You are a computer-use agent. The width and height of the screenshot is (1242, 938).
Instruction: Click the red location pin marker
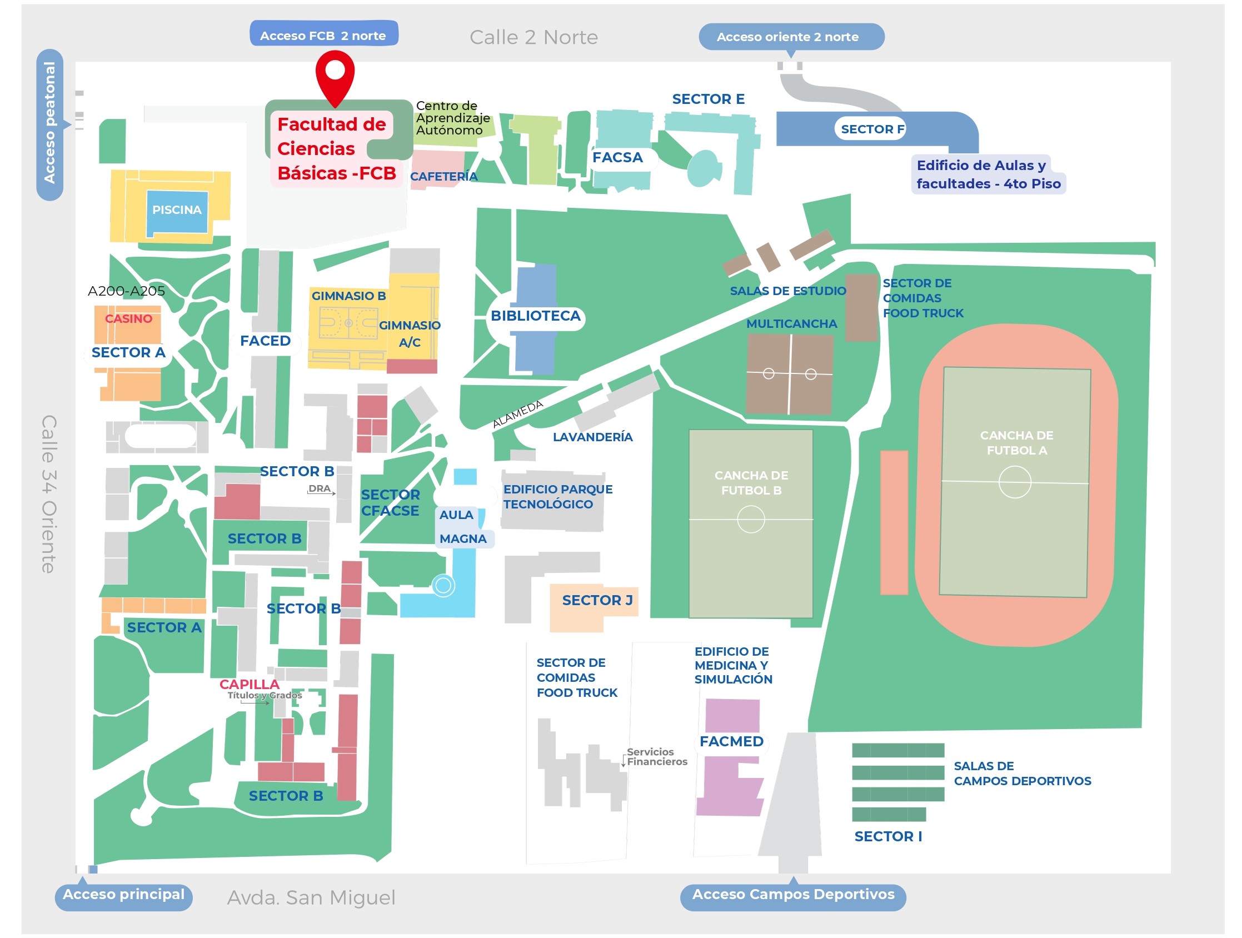click(x=335, y=77)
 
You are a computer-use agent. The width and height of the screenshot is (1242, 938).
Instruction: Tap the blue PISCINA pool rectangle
click(x=177, y=212)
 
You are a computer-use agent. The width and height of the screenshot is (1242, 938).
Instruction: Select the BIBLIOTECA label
click(x=536, y=316)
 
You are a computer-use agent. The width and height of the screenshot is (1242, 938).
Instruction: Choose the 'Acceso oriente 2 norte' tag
click(x=791, y=37)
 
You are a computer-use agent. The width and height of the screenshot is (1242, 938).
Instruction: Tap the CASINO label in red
click(x=128, y=319)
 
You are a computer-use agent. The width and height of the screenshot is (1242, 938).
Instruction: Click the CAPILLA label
click(x=250, y=684)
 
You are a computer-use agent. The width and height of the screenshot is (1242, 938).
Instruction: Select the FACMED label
click(x=731, y=741)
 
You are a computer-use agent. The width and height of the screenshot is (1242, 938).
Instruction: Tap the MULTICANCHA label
click(x=791, y=324)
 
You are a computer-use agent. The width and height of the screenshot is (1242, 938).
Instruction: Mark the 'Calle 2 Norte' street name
click(x=533, y=37)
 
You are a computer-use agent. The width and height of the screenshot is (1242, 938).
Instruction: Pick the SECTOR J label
click(x=597, y=600)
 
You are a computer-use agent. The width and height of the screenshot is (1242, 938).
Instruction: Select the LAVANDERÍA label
click(x=592, y=437)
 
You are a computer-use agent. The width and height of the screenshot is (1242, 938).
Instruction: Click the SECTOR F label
click(x=872, y=129)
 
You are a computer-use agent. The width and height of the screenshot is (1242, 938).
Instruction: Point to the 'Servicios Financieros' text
click(x=656, y=757)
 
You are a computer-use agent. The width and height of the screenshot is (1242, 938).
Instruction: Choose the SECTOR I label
click(x=887, y=836)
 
